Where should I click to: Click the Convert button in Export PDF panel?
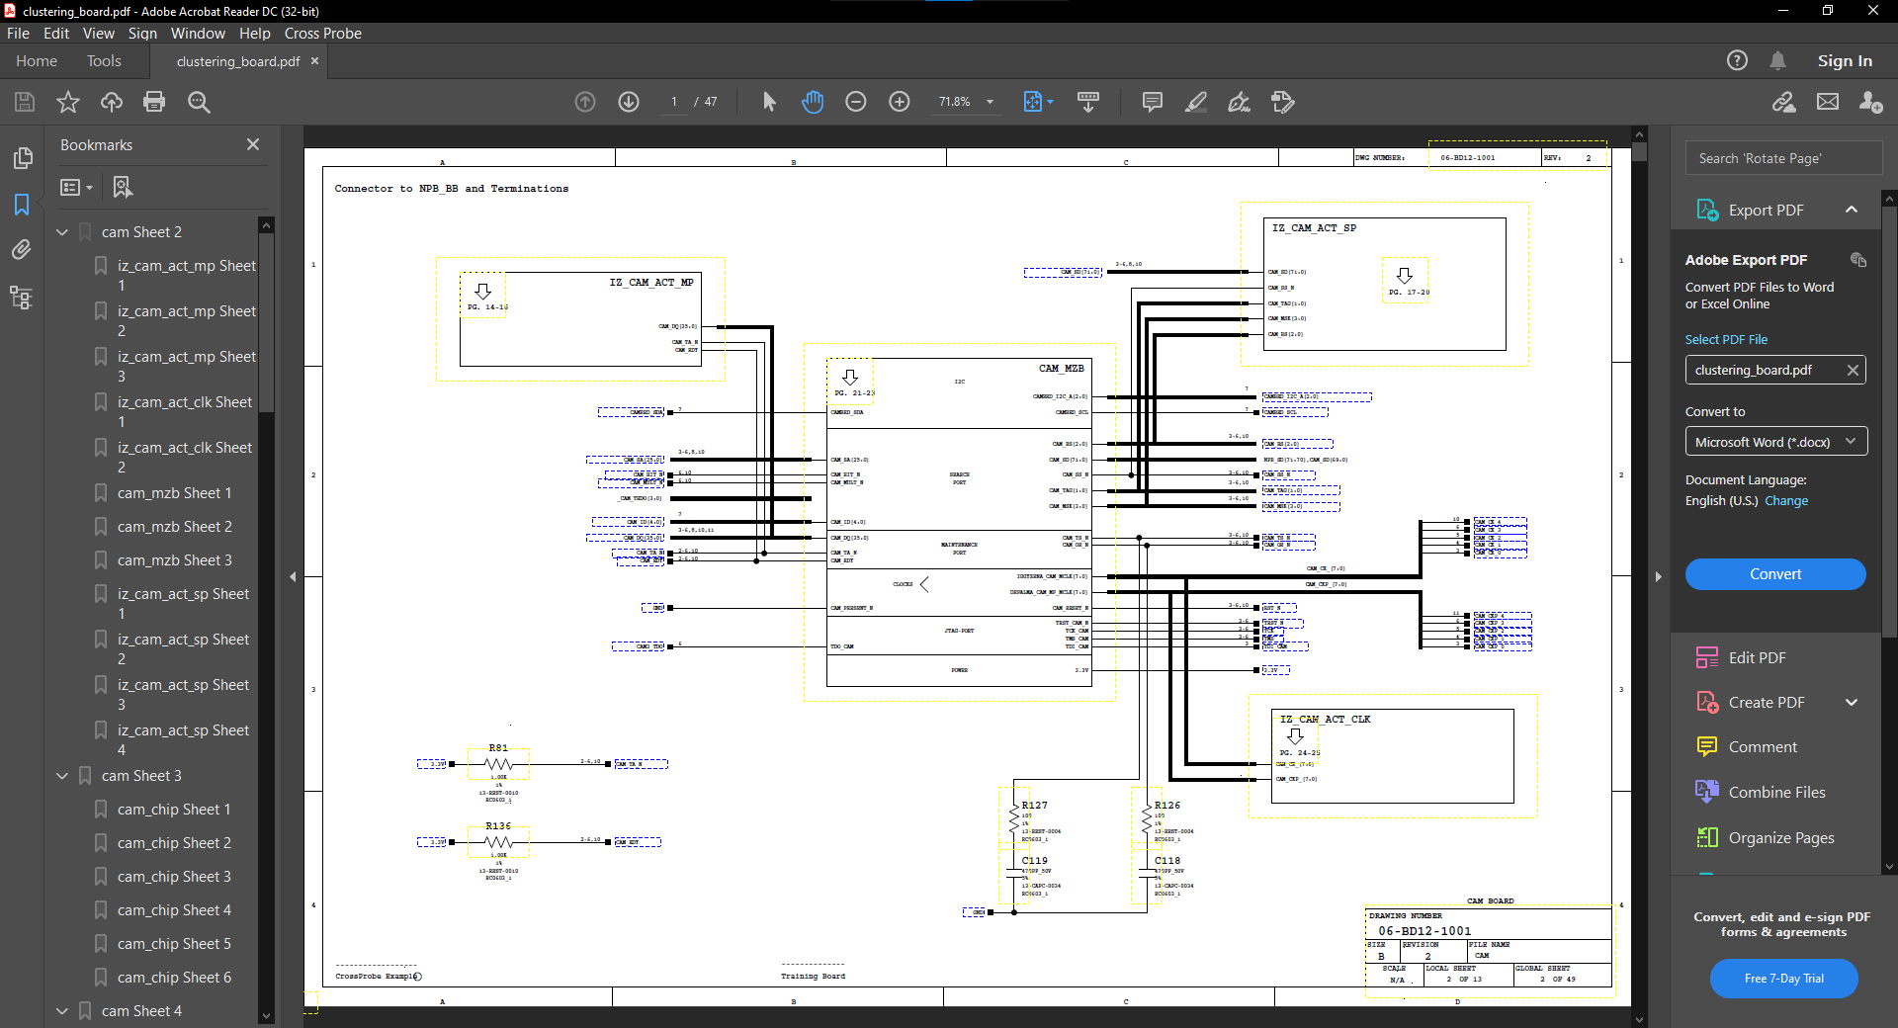pos(1774,574)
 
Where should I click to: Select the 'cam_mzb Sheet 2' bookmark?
pos(174,527)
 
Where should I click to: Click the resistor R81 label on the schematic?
pos(498,748)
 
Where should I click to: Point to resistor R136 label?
pos(498,826)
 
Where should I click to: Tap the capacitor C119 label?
pos(1035,861)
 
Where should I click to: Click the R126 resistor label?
pos(1167,806)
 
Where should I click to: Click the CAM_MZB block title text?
pos(1061,369)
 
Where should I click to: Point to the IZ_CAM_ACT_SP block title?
pos(1314,228)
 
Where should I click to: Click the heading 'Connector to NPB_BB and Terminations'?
pos(452,189)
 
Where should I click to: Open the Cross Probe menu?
pos(322,34)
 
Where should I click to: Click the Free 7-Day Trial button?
pos(1783,979)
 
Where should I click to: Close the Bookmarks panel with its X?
pos(253,145)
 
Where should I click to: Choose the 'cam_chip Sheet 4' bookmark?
pos(174,910)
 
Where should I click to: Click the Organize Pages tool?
pos(1780,838)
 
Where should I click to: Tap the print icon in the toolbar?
pos(154,102)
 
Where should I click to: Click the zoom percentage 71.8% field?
pos(955,102)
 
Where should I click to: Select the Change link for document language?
pos(1786,501)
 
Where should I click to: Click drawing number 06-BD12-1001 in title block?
pos(1424,931)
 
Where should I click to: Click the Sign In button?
pos(1844,61)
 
